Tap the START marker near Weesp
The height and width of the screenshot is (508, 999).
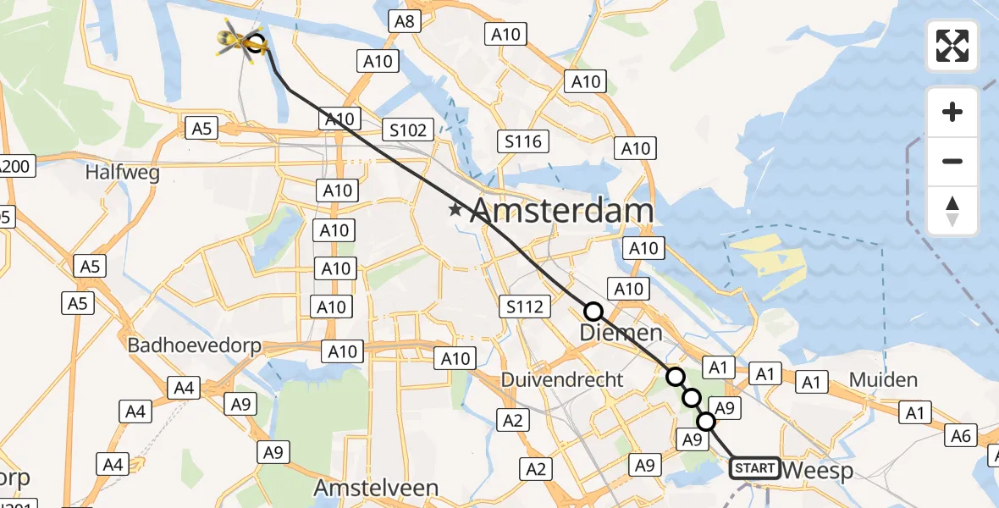click(754, 467)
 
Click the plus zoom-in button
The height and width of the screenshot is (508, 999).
click(952, 112)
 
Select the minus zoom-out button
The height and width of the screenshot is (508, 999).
click(952, 161)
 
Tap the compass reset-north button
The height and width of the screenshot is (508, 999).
click(952, 210)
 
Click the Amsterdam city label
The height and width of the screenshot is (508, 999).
click(561, 210)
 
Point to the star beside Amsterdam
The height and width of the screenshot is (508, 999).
click(456, 209)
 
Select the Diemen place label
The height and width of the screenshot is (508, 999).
click(621, 334)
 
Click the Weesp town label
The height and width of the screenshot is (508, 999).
click(819, 471)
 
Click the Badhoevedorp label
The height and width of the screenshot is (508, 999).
click(194, 345)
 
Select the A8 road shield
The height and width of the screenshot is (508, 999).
click(404, 21)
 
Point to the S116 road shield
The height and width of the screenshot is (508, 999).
click(523, 141)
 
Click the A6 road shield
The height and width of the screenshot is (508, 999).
click(960, 435)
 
